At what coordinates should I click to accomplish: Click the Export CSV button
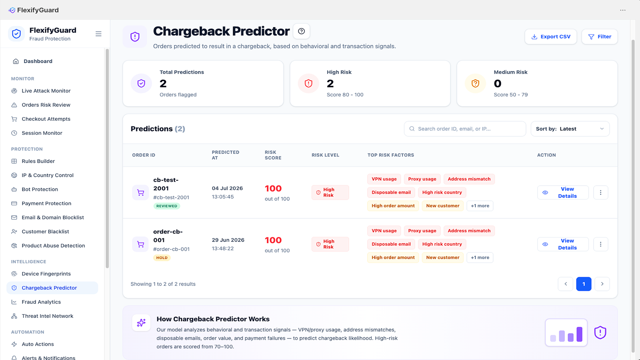[x=550, y=36]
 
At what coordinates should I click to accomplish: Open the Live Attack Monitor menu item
[x=46, y=90]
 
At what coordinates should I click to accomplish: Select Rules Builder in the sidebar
[x=38, y=161]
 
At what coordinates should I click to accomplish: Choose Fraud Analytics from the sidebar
[x=41, y=302]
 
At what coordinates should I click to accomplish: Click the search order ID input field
[x=465, y=129]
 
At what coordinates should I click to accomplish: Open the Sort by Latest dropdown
[x=570, y=129]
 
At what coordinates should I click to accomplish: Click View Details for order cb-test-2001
[x=563, y=192]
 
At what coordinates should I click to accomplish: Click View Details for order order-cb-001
[x=563, y=244]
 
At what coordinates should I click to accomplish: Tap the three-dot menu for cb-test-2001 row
[x=600, y=192]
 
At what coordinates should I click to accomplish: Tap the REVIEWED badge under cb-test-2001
[x=166, y=206]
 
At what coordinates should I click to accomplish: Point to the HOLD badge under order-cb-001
[x=162, y=258]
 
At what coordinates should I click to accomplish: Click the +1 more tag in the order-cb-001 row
[x=480, y=258]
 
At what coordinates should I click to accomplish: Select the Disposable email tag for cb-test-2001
[x=391, y=192]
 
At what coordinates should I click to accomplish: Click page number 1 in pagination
[x=584, y=284]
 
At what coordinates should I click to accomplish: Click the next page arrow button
[x=602, y=284]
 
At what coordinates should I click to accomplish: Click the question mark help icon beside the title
[x=302, y=31]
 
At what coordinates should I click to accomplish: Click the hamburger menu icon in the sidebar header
[x=98, y=34]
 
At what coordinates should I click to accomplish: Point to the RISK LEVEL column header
[x=326, y=155]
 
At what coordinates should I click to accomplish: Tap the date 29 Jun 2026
[x=228, y=240]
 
